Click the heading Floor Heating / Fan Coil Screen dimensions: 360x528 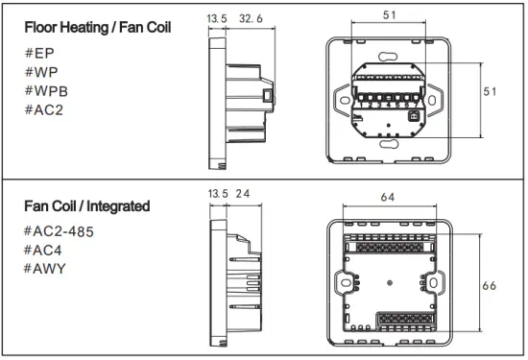pos(98,27)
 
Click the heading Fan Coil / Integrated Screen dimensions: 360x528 pos(86,205)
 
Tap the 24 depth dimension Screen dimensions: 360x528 pos(243,195)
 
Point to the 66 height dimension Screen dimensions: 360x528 pos(490,286)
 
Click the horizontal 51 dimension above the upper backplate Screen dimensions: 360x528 pos(388,14)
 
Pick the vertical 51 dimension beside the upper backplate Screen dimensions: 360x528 pos(490,91)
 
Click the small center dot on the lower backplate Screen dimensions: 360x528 pos(389,283)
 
